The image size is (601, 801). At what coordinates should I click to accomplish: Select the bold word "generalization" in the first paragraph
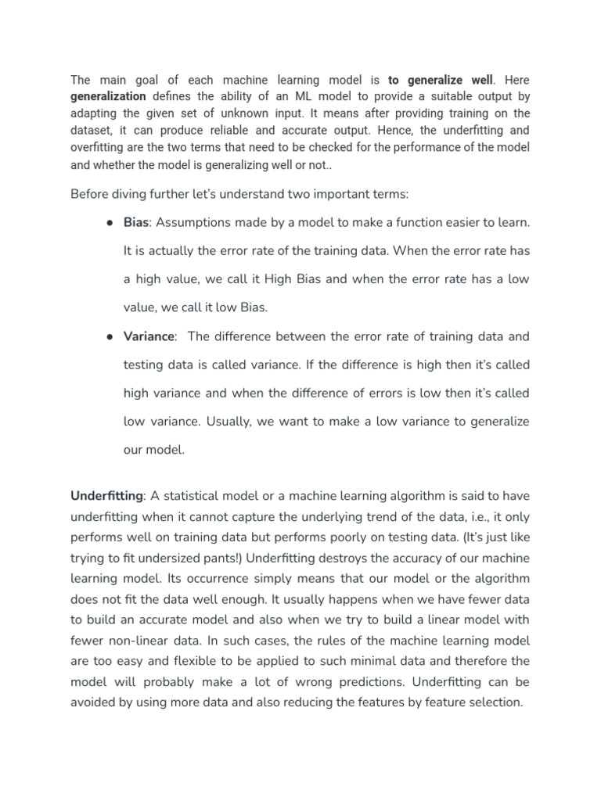coord(108,96)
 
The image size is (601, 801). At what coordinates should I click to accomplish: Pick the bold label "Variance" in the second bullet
coord(149,336)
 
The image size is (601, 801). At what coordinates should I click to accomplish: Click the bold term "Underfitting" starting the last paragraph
coord(106,496)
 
